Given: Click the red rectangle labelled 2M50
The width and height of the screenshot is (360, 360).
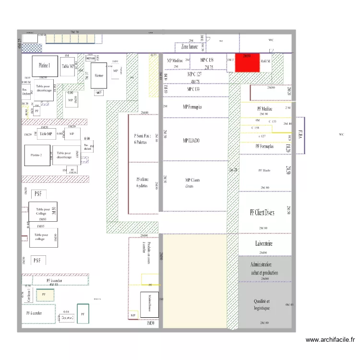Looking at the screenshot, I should (x=247, y=63).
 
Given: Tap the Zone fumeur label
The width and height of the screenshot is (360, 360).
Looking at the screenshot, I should (x=189, y=47).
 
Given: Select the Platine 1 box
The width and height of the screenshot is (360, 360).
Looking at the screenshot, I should (x=46, y=64).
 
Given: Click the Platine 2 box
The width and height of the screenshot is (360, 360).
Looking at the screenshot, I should (x=36, y=156).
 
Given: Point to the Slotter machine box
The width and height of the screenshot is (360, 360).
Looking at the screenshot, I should (x=99, y=75).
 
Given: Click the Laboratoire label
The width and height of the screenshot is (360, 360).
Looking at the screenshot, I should (x=264, y=244).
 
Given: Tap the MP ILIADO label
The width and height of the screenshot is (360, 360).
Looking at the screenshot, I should (x=192, y=141).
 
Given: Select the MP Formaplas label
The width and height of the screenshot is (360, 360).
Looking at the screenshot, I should (x=192, y=107).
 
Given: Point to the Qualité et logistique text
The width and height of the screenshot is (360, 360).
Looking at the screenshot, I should (x=262, y=304).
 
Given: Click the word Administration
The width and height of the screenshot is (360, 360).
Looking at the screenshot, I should (x=261, y=265).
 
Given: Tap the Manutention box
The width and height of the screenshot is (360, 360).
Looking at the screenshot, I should (x=151, y=303).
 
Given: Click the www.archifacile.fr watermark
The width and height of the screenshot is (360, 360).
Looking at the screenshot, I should (x=330, y=340).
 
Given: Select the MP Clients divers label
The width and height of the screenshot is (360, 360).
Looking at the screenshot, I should (x=192, y=183).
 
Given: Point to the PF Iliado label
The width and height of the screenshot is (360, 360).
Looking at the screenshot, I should (x=264, y=170).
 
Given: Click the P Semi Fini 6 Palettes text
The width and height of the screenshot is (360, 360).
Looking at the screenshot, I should (x=143, y=139).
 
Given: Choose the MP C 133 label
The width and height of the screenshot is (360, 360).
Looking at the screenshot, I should (x=193, y=89).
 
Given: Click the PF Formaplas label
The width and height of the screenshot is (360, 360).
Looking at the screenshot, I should (x=264, y=146).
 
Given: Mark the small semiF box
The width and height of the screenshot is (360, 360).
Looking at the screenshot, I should (x=98, y=93).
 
